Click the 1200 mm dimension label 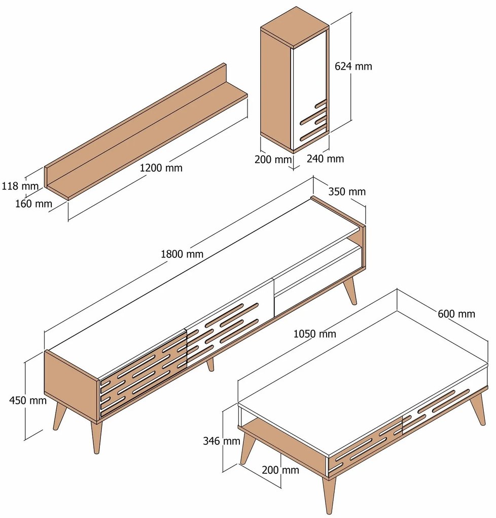pyautogui.click(x=161, y=168)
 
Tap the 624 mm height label pyautogui.click(x=353, y=66)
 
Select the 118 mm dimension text pyautogui.click(x=20, y=186)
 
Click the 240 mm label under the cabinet pyautogui.click(x=325, y=158)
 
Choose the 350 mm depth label pyautogui.click(x=347, y=191)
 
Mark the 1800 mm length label pyautogui.click(x=182, y=254)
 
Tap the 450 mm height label pyautogui.click(x=28, y=400)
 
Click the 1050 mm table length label pyautogui.click(x=314, y=334)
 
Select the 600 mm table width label pyautogui.click(x=456, y=314)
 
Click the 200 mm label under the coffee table pyautogui.click(x=280, y=470)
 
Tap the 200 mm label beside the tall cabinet pyautogui.click(x=273, y=159)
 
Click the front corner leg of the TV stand pyautogui.click(x=96, y=437)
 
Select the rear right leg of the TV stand pyautogui.click(x=350, y=292)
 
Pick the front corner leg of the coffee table pyautogui.click(x=329, y=495)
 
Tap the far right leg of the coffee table pyautogui.click(x=478, y=409)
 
